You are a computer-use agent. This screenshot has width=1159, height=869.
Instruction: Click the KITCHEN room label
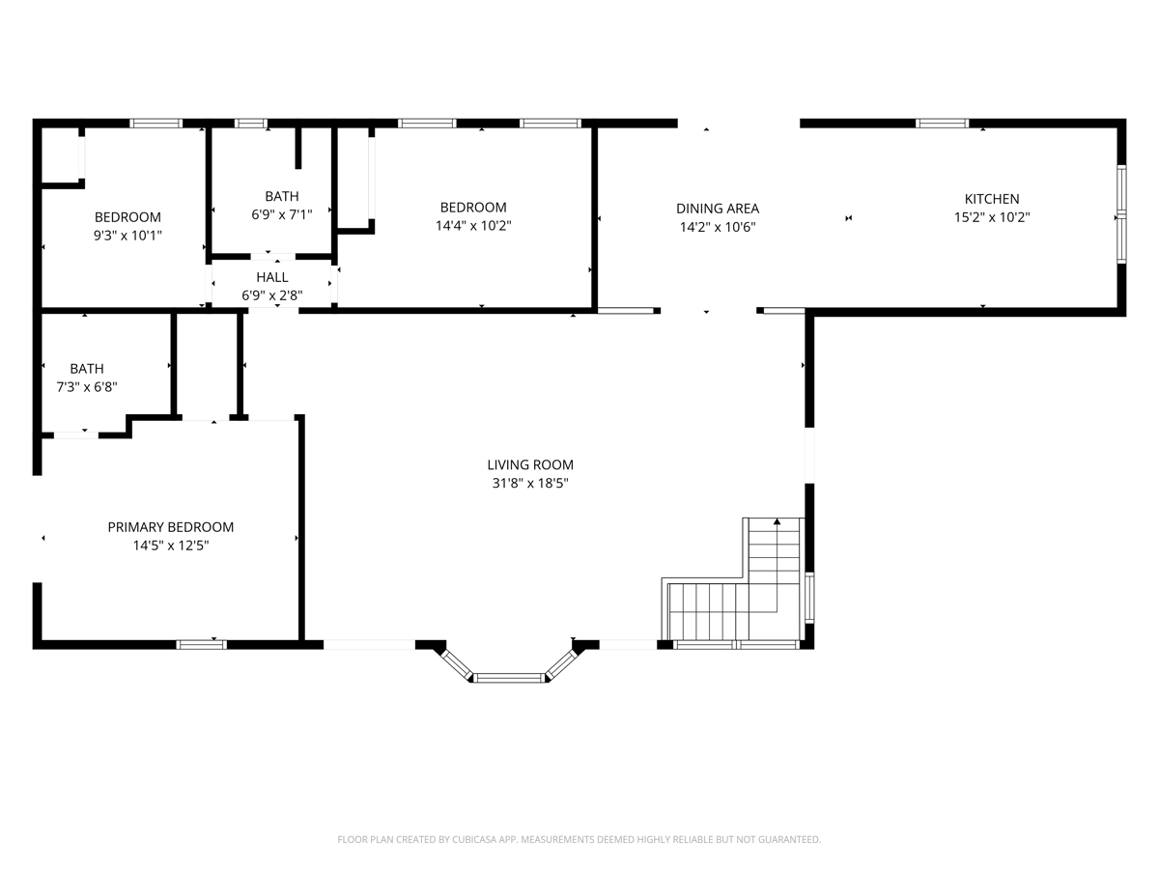point(991,199)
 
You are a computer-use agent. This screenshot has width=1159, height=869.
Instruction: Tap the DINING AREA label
point(717,209)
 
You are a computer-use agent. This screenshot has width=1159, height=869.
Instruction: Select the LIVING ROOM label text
point(529,464)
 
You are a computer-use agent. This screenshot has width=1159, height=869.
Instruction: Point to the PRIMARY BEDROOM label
point(171,527)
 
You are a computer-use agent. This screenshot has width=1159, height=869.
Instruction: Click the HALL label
point(272,277)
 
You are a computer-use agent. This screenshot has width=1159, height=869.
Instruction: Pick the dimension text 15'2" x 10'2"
point(991,217)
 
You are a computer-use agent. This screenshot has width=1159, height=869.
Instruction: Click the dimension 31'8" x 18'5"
point(529,484)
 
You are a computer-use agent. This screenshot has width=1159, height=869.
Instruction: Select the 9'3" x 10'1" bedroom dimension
point(127,236)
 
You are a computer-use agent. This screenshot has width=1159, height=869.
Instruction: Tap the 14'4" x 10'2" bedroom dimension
point(473,226)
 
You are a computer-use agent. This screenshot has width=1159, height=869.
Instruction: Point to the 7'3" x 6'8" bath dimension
point(87,387)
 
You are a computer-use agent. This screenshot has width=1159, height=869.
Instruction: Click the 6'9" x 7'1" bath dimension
point(281,214)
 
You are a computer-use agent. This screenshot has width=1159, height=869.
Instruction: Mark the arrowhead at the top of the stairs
point(777,521)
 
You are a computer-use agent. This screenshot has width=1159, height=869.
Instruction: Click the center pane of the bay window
point(509,678)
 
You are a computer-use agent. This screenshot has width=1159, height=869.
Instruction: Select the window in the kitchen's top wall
point(942,124)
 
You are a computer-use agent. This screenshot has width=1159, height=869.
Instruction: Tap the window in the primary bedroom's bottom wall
point(201,645)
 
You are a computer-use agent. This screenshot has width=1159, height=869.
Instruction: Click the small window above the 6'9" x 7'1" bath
point(251,124)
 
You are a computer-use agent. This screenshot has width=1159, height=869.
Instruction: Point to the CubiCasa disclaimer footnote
point(579,839)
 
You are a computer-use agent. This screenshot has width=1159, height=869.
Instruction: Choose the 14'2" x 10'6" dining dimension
point(717,227)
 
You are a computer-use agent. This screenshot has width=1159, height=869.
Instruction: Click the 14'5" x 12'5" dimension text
point(171,546)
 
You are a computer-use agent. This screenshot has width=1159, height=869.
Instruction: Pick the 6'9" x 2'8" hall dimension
point(272,295)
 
